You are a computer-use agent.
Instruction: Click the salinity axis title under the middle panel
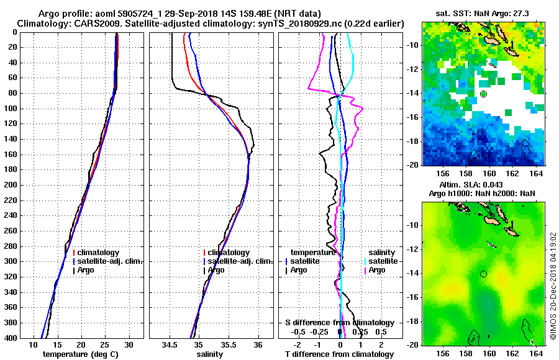click(210, 354)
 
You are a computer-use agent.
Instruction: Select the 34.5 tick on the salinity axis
click(169, 344)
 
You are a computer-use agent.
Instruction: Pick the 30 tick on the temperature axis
click(129, 344)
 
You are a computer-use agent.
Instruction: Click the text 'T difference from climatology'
click(339, 354)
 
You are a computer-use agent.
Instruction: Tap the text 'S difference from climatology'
click(339, 323)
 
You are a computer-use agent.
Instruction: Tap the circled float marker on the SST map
click(483, 94)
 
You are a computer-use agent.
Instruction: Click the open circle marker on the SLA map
click(483, 274)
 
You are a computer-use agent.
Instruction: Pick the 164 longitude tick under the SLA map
click(537, 354)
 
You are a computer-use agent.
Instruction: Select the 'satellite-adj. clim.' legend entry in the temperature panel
click(109, 261)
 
